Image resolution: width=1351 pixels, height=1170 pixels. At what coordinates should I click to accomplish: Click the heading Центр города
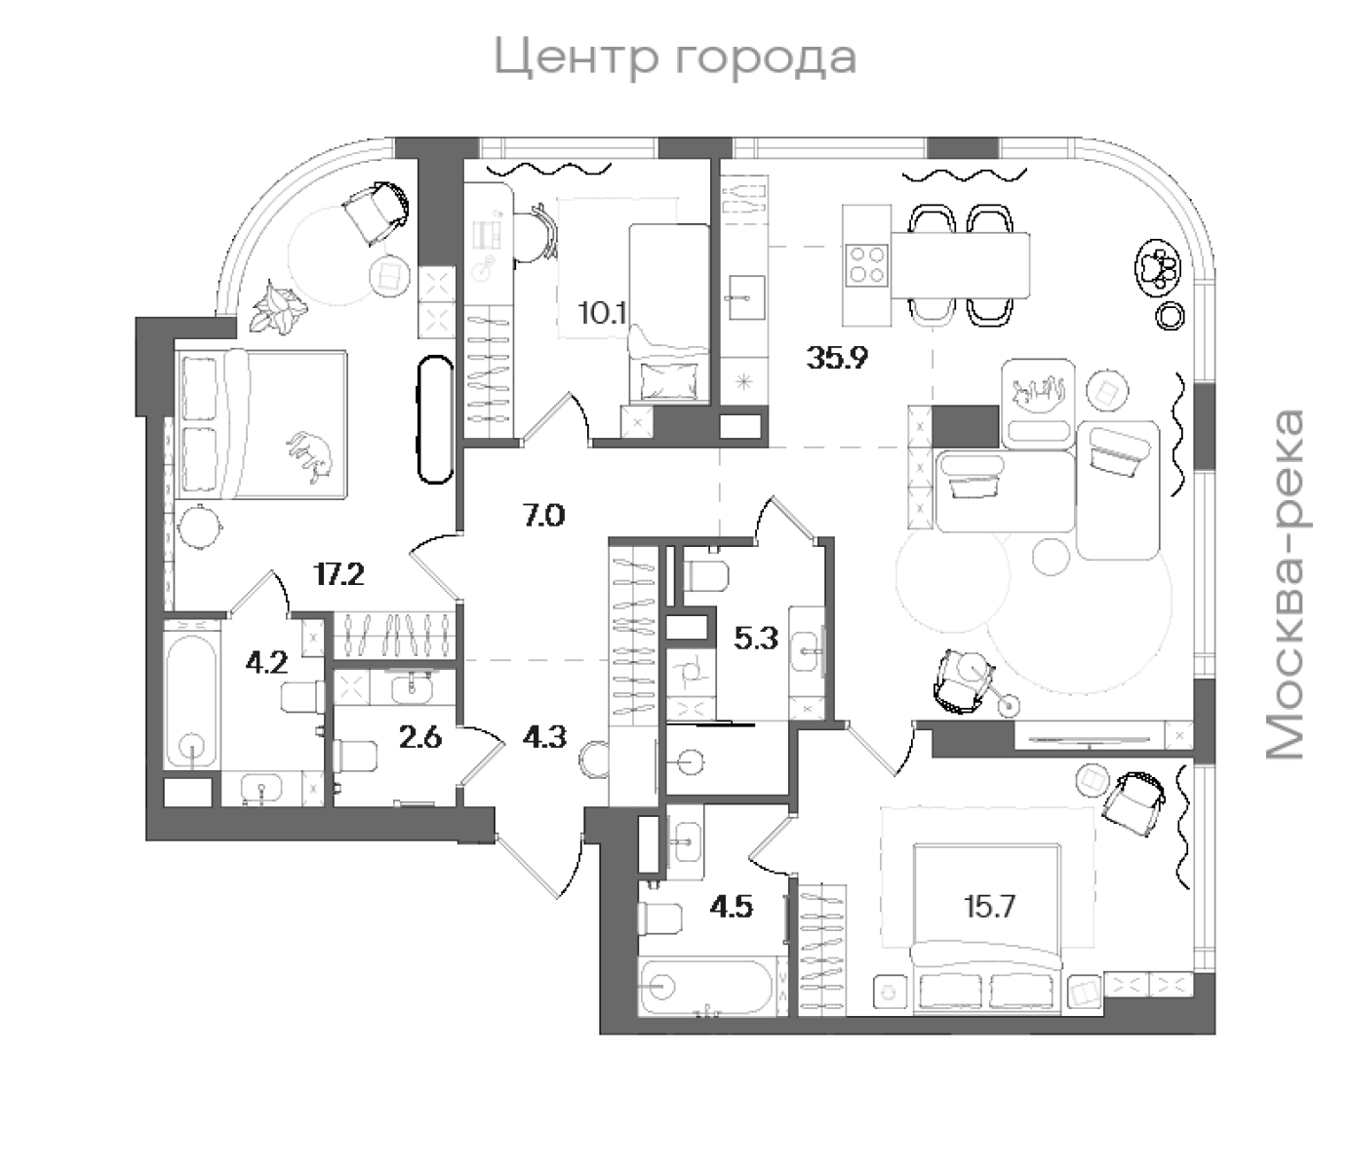(675, 58)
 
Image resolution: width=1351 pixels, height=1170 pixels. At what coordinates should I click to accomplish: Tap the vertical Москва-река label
(1285, 585)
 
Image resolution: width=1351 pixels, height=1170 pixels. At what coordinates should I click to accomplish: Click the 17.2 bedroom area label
(338, 574)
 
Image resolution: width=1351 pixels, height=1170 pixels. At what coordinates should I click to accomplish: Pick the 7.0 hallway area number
(543, 515)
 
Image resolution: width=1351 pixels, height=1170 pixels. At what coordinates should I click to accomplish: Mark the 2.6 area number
(420, 737)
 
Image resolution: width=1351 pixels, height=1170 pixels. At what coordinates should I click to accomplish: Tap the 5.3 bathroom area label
(756, 640)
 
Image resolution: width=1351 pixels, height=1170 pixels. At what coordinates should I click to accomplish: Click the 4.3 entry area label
(544, 737)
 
